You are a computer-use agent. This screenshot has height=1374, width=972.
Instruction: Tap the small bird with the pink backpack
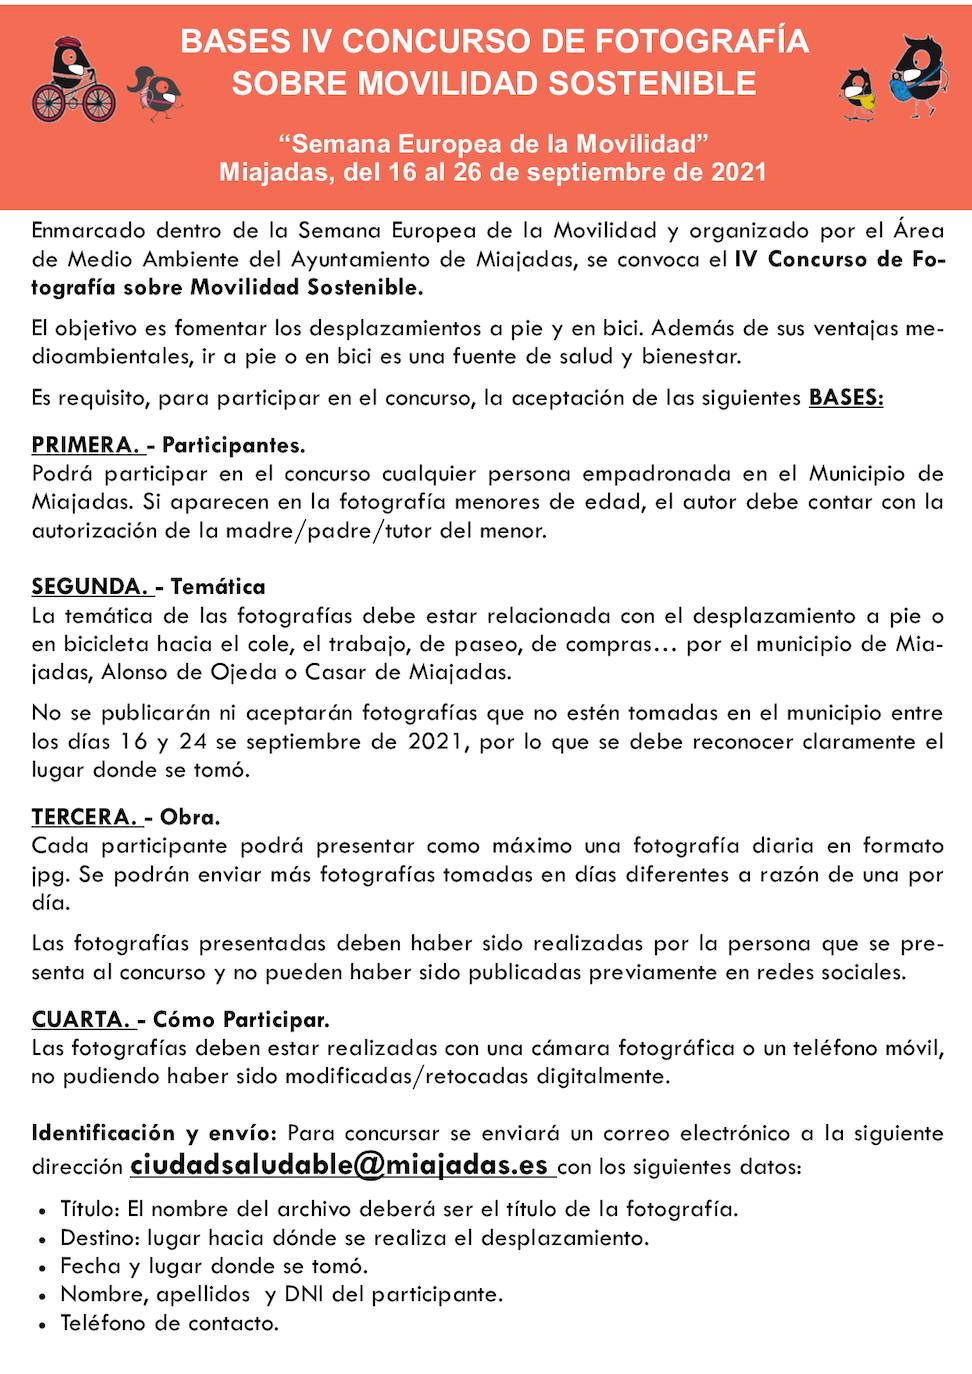click(x=156, y=93)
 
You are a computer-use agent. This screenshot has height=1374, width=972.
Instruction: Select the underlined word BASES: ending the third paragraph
click(x=846, y=398)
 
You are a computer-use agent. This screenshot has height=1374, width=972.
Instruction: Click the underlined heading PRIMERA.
click(x=86, y=445)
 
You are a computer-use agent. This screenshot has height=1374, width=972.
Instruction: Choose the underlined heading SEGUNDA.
click(x=90, y=587)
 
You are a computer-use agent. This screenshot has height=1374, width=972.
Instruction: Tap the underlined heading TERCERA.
click(x=85, y=817)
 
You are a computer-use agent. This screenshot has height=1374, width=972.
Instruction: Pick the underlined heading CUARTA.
click(x=82, y=1020)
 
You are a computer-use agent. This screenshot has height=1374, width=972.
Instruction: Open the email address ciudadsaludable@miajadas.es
click(x=340, y=1165)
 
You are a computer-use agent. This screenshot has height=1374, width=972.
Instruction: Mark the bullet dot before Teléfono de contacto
click(x=42, y=1325)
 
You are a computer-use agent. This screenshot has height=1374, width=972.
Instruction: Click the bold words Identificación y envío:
click(x=153, y=1133)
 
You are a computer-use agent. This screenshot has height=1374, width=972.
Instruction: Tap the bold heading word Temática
click(x=218, y=587)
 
